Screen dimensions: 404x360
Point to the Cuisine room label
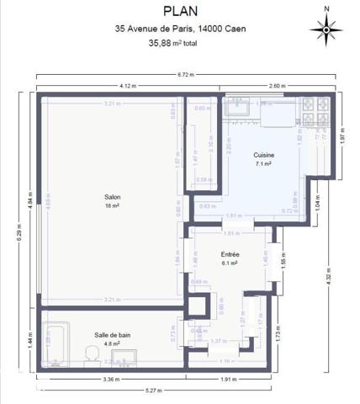tap(264, 156)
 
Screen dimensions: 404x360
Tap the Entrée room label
tap(230, 254)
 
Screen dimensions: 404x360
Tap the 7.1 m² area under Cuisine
tap(264, 164)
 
